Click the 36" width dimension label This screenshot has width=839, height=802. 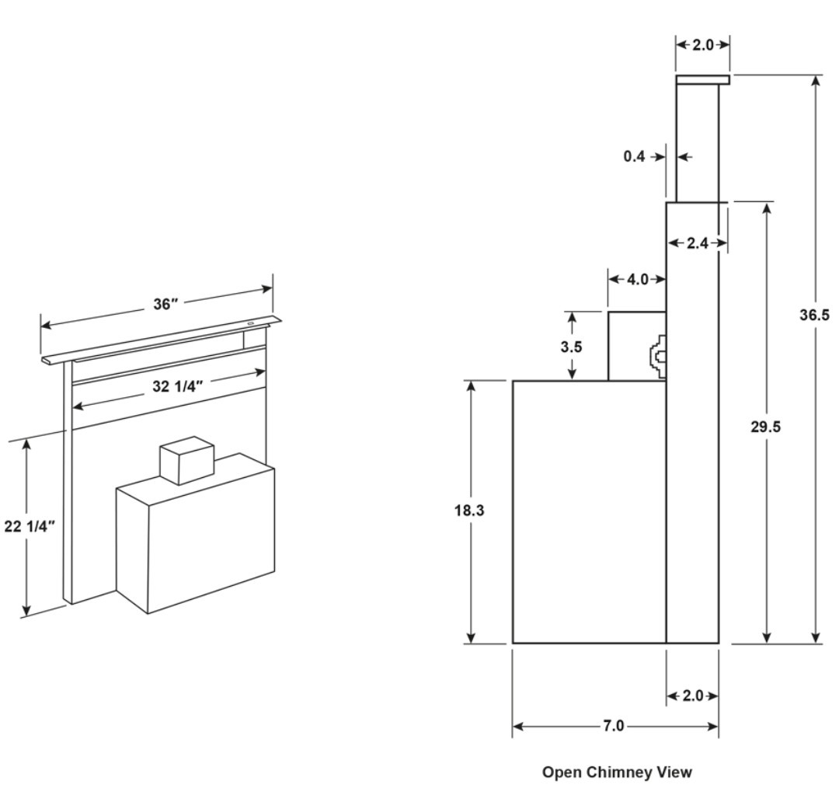pos(164,304)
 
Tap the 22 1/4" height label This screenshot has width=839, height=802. pos(30,526)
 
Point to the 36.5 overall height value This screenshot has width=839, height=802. pos(815,315)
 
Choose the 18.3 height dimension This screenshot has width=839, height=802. pos(470,513)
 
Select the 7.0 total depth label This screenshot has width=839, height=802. pos(613,726)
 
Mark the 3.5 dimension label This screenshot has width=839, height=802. pos(571,347)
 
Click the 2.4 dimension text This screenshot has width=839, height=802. pos(698,243)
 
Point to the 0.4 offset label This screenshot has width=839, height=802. pos(634,156)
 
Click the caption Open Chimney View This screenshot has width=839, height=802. pos(616,772)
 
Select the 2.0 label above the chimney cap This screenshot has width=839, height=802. pos(702,45)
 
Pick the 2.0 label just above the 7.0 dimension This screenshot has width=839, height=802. pos(691,696)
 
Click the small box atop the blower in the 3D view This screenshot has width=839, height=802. pos(186,460)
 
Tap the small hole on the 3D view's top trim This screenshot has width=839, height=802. pos(251,323)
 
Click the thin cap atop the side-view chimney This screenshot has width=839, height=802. pos(702,79)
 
